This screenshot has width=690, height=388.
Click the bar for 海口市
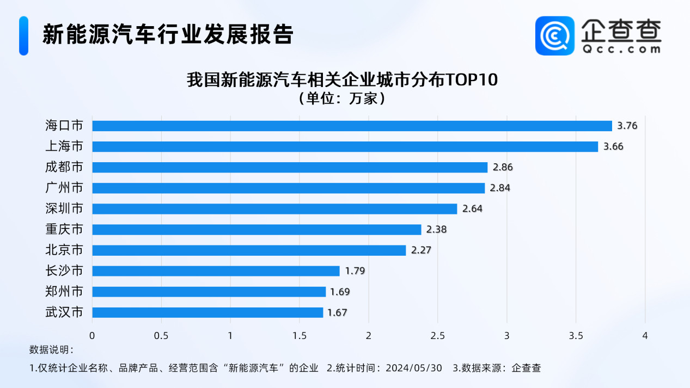click(352, 126)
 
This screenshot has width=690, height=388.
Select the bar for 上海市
click(345, 146)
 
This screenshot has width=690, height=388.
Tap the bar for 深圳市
click(274, 209)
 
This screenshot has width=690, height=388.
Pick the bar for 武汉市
click(207, 312)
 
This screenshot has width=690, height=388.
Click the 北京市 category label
click(64, 250)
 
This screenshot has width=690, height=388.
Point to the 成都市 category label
click(64, 167)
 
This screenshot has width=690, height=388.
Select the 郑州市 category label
click(64, 292)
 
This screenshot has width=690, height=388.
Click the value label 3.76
click(627, 126)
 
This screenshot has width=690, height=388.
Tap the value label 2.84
click(499, 188)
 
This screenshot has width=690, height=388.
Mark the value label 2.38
click(436, 230)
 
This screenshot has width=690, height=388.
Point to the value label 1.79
click(355, 271)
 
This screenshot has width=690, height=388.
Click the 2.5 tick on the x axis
click(437, 336)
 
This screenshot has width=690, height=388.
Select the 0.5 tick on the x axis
click(161, 336)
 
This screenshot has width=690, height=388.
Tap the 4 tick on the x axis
click(645, 336)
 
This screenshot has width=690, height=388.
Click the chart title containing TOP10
click(342, 79)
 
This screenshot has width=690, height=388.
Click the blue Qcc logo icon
click(554, 35)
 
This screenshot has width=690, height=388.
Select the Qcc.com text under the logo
click(621, 49)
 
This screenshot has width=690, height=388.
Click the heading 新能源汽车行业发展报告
click(168, 34)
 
